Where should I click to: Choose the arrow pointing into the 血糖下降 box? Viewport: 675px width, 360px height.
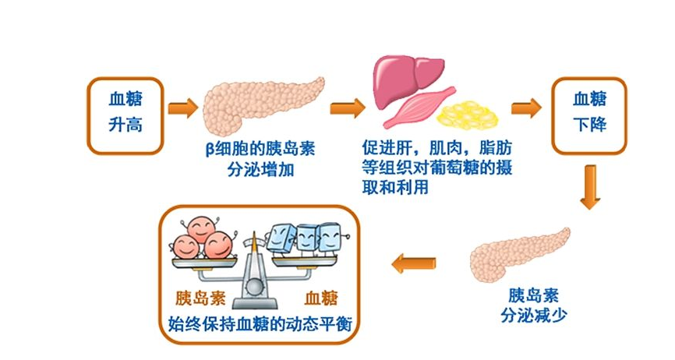(526, 108)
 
